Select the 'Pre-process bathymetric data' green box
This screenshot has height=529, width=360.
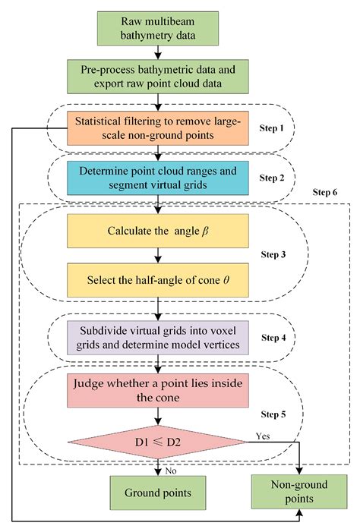click(159, 76)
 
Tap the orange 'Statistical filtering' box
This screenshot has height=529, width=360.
click(159, 126)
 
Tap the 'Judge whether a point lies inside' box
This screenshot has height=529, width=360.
click(159, 389)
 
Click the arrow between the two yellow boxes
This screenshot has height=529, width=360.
click(159, 254)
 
